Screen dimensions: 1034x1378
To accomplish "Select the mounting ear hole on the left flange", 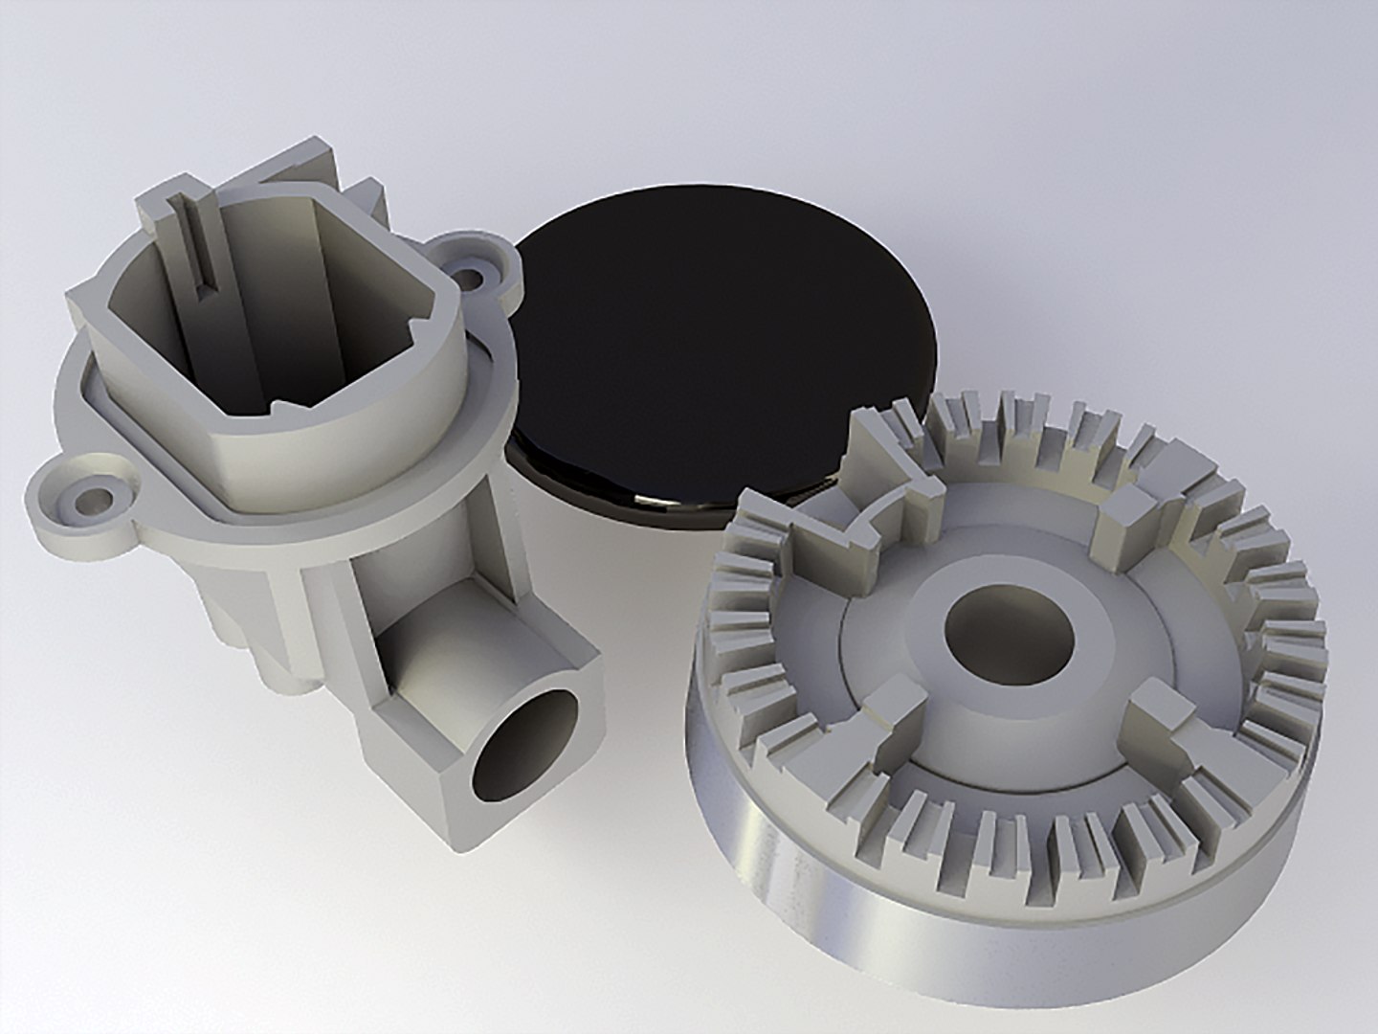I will coord(96,499).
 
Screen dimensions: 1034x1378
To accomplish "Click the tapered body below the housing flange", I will coord(249,613).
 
